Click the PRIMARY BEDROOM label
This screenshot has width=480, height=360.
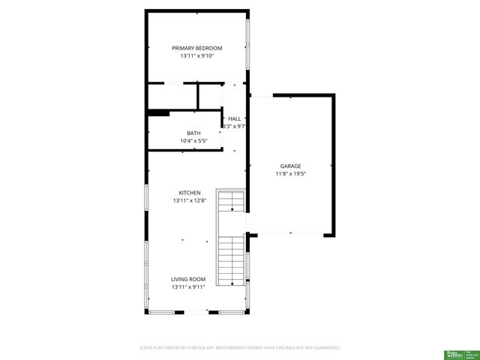(x=196, y=48)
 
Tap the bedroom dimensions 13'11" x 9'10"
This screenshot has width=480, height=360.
(x=196, y=56)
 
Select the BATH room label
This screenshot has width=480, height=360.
(x=193, y=133)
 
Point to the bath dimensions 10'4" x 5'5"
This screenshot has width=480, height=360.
(x=193, y=140)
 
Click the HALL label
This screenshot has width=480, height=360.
(x=235, y=118)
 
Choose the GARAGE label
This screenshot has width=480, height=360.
(x=290, y=166)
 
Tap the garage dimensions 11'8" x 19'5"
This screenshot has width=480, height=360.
(x=290, y=174)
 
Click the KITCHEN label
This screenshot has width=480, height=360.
(x=189, y=193)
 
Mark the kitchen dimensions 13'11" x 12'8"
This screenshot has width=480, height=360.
(x=189, y=201)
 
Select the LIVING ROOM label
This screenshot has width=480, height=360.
(x=187, y=279)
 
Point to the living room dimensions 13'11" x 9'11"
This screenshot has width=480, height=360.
(x=187, y=287)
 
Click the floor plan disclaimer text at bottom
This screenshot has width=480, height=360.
(x=240, y=348)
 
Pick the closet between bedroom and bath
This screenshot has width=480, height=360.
(x=172, y=95)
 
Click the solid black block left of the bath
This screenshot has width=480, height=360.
(x=158, y=113)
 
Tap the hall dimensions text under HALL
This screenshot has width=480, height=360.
(x=234, y=127)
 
